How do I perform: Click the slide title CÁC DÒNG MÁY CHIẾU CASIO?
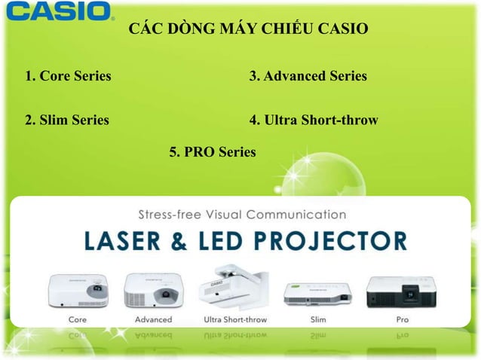click(249, 30)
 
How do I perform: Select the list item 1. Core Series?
click(68, 76)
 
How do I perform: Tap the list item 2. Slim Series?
click(67, 119)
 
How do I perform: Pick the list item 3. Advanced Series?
click(308, 76)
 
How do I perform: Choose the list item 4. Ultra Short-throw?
click(313, 119)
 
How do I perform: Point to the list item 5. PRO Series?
click(213, 152)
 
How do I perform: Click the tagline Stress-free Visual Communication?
click(242, 213)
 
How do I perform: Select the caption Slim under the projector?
click(315, 319)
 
